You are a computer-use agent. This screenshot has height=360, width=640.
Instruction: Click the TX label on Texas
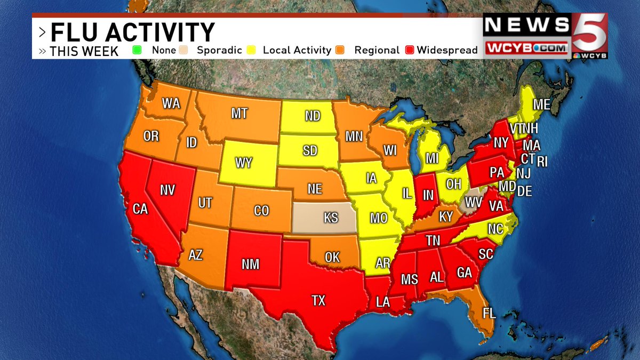[318, 301]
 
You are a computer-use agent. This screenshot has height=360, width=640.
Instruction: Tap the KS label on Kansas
[331, 218]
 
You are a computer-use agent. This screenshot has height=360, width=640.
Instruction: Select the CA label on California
[140, 210]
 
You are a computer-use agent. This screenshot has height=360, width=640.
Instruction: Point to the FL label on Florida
[489, 313]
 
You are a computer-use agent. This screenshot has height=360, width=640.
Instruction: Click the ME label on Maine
[542, 105]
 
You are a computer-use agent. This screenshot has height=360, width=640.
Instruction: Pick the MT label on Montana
[239, 114]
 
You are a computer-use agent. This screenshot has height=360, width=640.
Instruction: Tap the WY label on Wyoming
[244, 163]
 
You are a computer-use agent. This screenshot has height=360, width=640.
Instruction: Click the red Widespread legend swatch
[410, 50]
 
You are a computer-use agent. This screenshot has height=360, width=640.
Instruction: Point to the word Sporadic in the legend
[219, 50]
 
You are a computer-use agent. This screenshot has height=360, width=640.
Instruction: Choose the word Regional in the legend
[377, 50]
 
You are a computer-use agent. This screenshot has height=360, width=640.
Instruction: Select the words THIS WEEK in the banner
[84, 51]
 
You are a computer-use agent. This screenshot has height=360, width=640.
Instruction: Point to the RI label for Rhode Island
[542, 161]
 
